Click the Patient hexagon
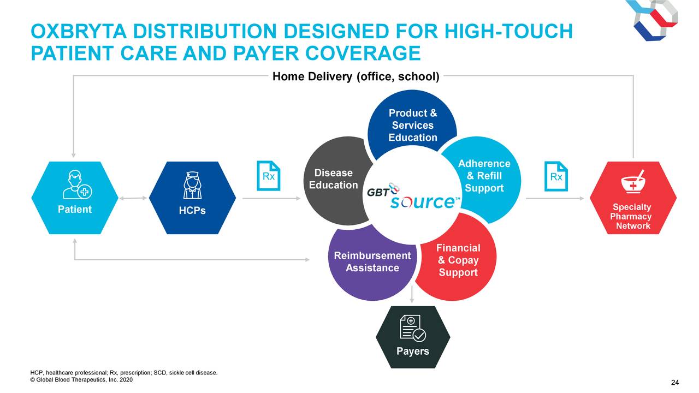point(75,198)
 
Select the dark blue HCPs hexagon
point(192,198)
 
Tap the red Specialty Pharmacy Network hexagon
point(633,198)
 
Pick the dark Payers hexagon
point(413,337)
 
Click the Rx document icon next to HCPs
point(268,176)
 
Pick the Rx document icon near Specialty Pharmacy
point(556,176)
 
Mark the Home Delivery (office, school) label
point(356,76)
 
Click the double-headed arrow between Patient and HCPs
point(133,198)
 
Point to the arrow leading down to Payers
point(412,294)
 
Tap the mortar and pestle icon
point(633,182)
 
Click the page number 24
point(675,383)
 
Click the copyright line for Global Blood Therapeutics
point(81,380)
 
